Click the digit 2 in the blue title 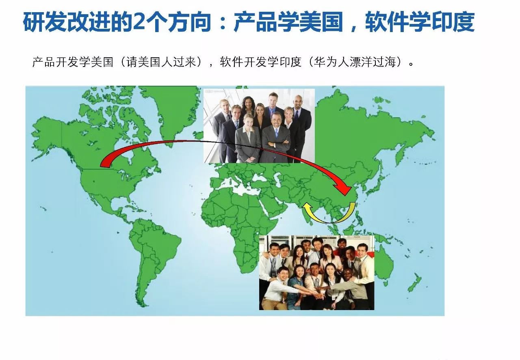(x=139, y=22)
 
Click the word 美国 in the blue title (x=321, y=22)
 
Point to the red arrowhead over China (x=343, y=190)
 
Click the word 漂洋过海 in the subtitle (x=373, y=62)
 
